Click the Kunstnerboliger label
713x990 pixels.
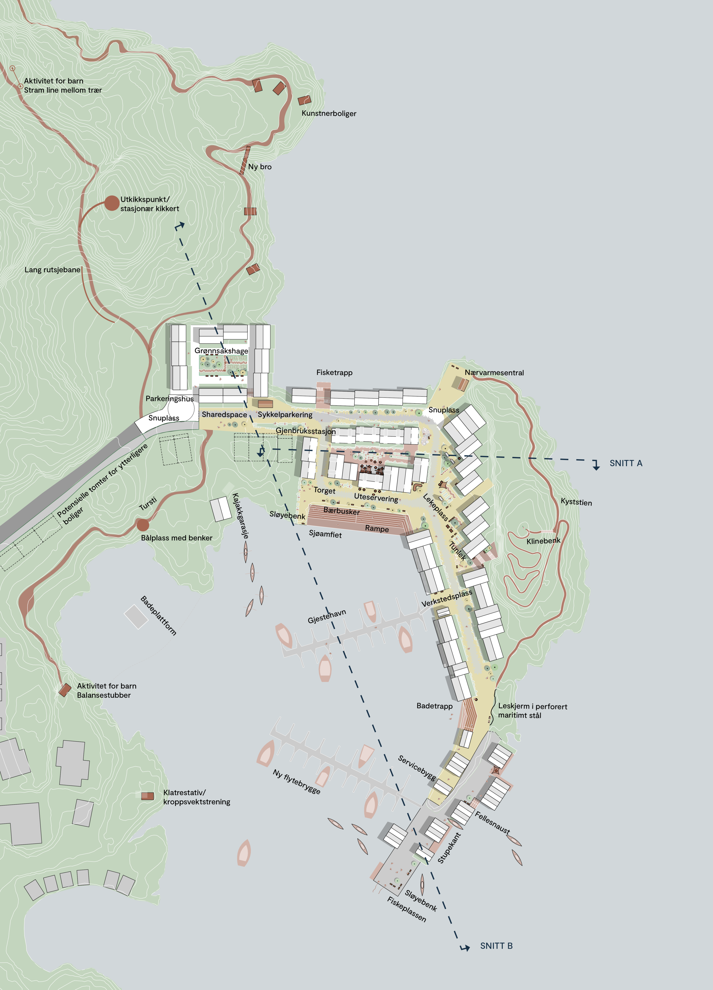pos(329,113)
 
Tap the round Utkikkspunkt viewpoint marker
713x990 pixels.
pos(112,203)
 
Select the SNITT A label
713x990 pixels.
pos(626,463)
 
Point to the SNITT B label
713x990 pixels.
pos(496,946)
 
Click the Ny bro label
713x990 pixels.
pos(260,167)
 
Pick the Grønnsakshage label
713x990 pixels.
pos(221,351)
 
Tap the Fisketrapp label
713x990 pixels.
pos(334,372)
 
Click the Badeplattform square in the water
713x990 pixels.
pos(136,616)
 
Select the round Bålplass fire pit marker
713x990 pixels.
pos(142,525)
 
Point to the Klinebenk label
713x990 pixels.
pos(543,541)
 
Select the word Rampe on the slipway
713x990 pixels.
pos(377,529)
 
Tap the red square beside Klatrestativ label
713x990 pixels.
pos(147,796)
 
